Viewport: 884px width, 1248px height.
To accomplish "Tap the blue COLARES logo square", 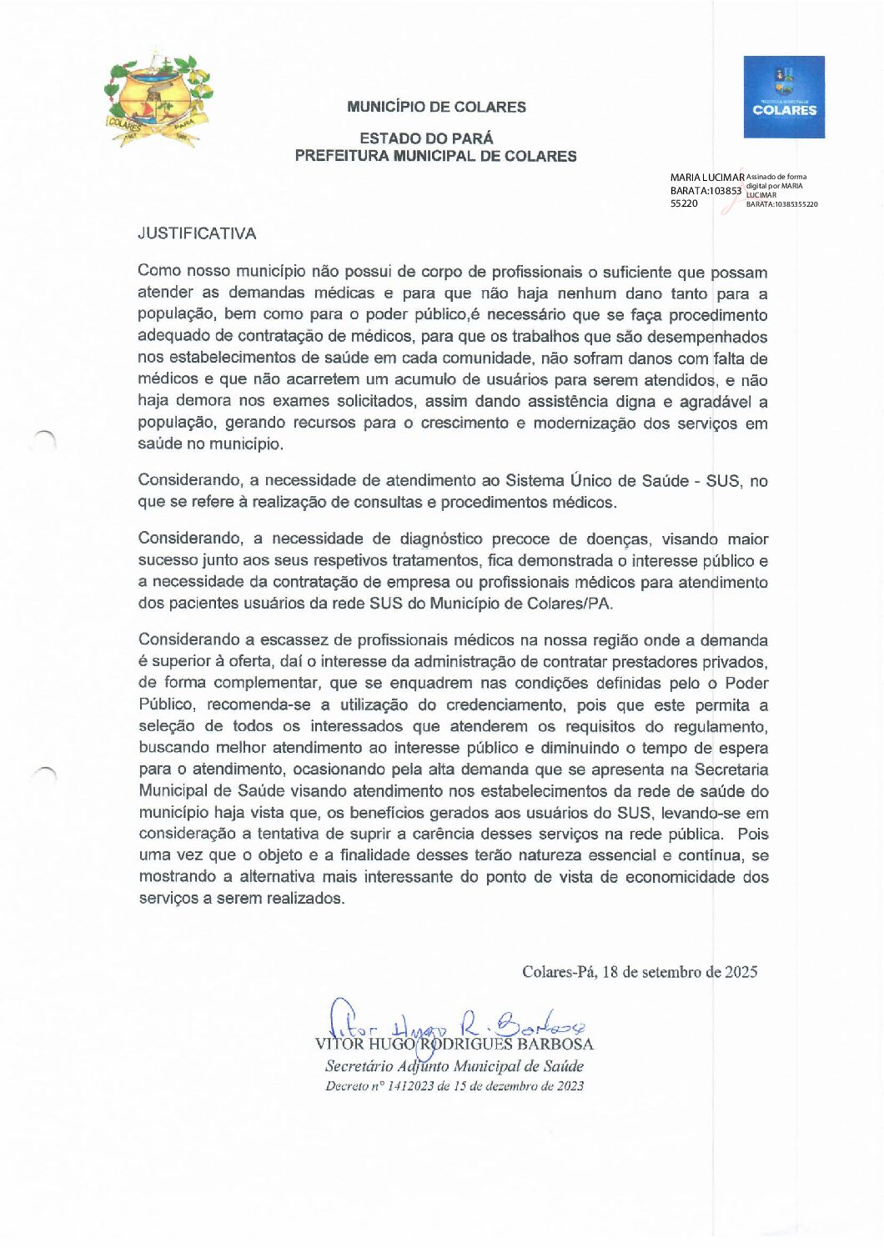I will pyautogui.click(x=784, y=97).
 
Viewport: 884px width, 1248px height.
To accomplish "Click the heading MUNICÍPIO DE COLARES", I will pyautogui.click(x=436, y=107).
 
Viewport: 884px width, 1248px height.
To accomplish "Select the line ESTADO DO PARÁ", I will pyautogui.click(x=426, y=138).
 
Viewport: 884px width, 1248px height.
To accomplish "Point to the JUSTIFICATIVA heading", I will pyautogui.click(x=197, y=233).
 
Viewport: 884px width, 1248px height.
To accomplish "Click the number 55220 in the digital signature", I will pyautogui.click(x=684, y=203).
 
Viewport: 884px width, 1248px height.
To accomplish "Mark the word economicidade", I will pyautogui.click(x=681, y=877).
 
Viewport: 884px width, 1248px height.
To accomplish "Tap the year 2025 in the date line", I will pyautogui.click(x=741, y=972).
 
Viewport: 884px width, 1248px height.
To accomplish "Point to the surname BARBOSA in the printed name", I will pyautogui.click(x=555, y=1045).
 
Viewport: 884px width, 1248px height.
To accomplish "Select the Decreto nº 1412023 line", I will pyautogui.click(x=455, y=1086).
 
